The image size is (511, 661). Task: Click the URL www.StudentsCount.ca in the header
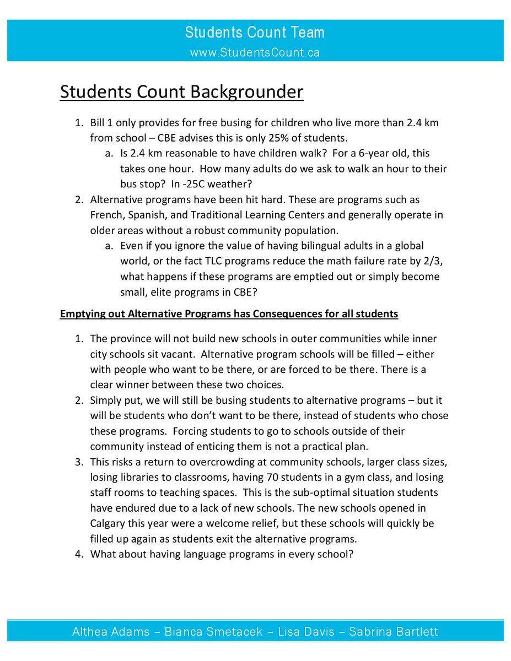[x=255, y=52]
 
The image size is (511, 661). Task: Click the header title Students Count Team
[x=255, y=32]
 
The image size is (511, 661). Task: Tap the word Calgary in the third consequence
[x=109, y=523]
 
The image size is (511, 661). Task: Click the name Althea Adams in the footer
[x=111, y=631]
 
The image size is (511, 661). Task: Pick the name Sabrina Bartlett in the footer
[x=391, y=631]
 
